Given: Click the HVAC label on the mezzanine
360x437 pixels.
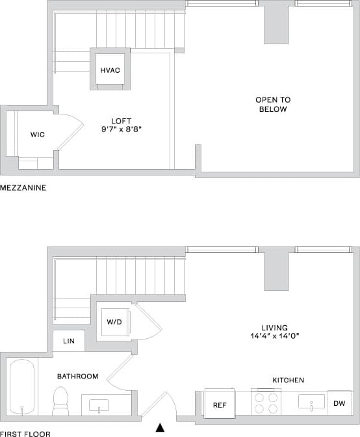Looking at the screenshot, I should pos(109,70).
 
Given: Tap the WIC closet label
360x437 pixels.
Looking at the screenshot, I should pos(37,135).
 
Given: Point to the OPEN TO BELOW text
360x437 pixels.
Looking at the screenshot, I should pos(272,104).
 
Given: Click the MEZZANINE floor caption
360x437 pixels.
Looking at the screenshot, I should pos(22,187).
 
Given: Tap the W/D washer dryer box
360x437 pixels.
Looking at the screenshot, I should pos(114,321).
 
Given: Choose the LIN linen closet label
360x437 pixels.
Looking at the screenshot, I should pos(69,341).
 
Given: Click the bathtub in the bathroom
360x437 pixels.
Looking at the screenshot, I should pos(23,388).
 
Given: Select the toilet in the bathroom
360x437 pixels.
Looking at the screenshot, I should pos(60,401).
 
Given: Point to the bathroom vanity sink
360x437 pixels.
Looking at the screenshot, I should pos(99,404).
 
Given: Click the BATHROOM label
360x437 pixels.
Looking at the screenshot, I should pos(77,377).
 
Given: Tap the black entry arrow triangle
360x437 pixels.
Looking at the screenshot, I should pos(160,427).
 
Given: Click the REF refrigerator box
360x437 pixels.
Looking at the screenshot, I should pos(220,404).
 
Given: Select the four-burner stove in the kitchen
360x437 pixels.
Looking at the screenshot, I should pos(266,402).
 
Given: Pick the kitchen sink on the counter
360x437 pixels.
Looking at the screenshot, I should pos(311,401).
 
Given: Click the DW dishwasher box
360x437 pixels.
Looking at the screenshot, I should pos(339,403).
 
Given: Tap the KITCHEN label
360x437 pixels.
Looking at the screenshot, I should pos(287,380).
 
